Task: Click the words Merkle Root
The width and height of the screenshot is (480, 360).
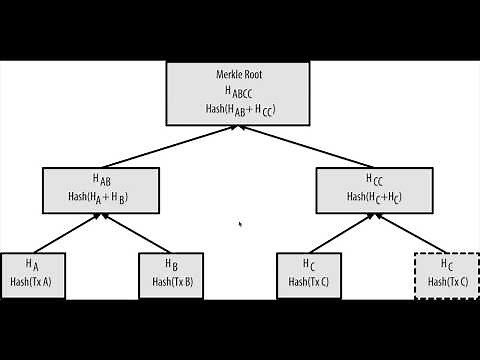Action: tap(238, 75)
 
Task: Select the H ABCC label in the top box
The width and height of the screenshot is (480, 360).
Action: tap(238, 92)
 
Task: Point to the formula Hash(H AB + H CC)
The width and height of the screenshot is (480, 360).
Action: tap(239, 109)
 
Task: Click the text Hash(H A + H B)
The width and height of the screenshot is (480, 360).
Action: tap(101, 196)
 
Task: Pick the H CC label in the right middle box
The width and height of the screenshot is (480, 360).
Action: tap(374, 180)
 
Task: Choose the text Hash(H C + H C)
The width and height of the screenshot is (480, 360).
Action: tap(374, 196)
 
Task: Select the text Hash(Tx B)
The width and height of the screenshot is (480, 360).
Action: tap(173, 282)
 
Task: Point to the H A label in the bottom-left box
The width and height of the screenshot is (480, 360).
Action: tap(32, 265)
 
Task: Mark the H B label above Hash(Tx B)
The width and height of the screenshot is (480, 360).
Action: tap(173, 265)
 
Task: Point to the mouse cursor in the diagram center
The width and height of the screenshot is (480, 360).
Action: tap(240, 224)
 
